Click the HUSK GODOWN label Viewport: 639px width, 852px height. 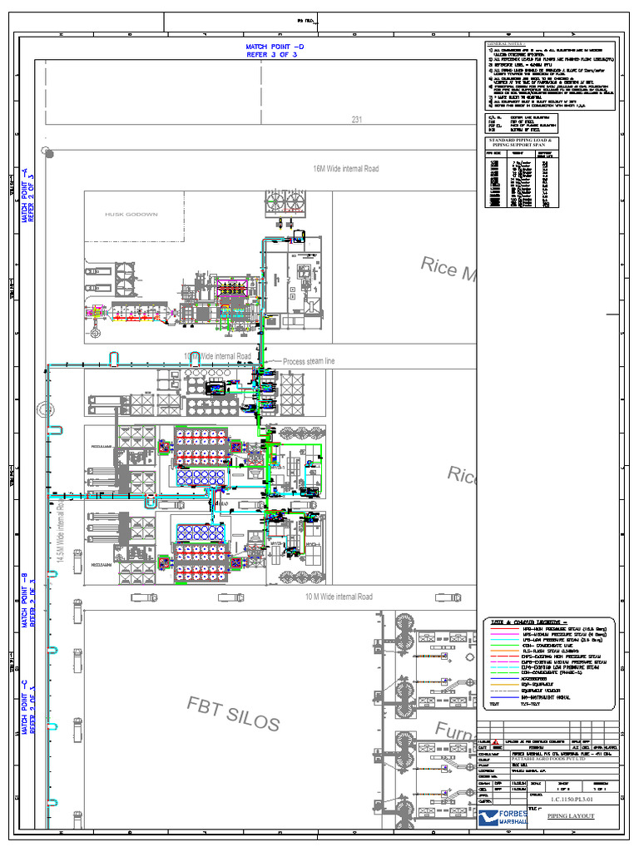[131, 214]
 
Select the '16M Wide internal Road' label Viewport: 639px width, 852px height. [346, 169]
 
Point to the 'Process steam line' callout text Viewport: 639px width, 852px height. [310, 361]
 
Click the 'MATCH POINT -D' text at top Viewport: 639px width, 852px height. [275, 47]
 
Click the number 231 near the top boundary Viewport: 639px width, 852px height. [357, 120]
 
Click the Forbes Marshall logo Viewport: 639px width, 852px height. [499, 817]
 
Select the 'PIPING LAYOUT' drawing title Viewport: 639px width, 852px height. [571, 816]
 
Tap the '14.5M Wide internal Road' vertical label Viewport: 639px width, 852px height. [60, 532]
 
